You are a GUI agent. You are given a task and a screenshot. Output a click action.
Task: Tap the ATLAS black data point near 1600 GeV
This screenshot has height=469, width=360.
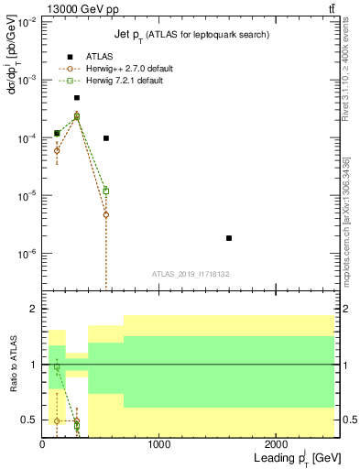(x=229, y=238)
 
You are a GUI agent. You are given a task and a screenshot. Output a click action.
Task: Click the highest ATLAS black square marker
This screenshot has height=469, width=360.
(x=77, y=98)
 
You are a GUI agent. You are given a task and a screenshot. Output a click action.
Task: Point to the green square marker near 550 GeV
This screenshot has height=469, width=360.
(x=106, y=191)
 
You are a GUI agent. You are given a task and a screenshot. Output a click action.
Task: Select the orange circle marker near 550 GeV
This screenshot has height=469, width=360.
(x=106, y=215)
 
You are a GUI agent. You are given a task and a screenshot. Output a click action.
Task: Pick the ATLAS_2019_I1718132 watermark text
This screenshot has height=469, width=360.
(x=190, y=274)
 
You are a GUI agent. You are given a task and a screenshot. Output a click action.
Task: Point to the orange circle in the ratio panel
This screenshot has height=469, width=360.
(x=57, y=421)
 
